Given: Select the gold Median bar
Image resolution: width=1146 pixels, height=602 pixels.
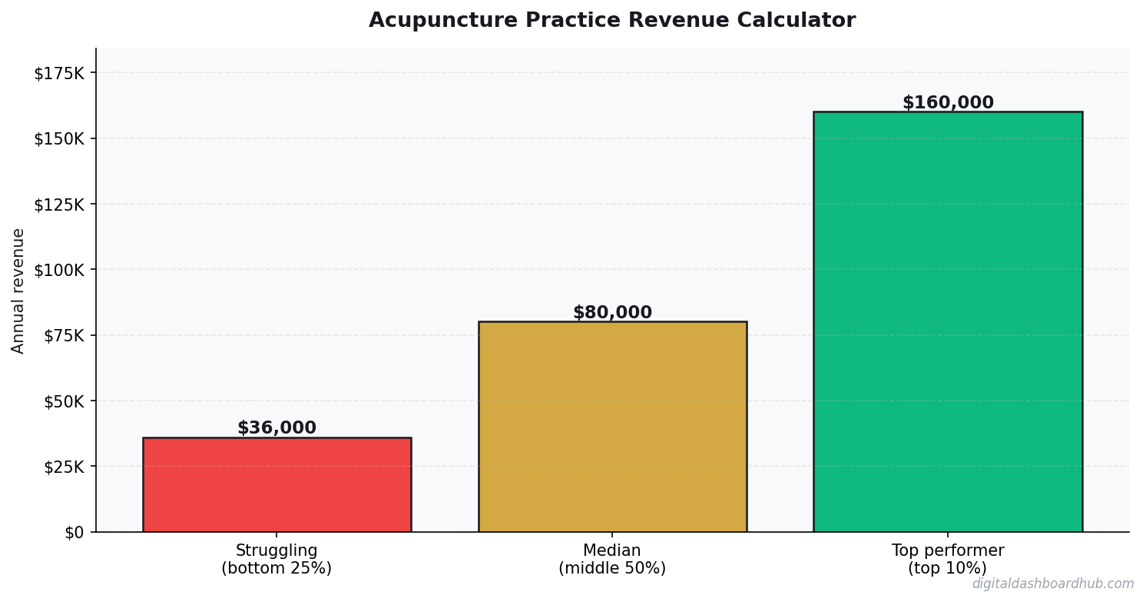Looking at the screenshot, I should [612, 427].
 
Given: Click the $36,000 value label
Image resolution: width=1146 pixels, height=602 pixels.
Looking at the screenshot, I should [277, 428].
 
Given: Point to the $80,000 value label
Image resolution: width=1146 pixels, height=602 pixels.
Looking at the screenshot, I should [612, 313].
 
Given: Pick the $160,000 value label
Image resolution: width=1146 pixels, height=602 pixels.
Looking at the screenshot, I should [947, 103].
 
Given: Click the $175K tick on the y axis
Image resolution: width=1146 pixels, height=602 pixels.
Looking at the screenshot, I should [59, 73].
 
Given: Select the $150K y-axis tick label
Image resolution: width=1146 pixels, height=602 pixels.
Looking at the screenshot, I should [59, 138].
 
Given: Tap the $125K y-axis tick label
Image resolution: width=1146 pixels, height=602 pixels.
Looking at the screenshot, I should [59, 205].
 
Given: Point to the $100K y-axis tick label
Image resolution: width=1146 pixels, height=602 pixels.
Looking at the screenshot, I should [59, 270].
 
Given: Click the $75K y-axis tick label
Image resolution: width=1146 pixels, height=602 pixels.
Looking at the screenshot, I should [63, 335].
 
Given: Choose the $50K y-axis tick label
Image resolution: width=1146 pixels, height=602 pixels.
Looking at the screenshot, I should [63, 401].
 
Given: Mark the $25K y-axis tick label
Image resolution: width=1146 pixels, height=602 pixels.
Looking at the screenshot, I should [63, 467].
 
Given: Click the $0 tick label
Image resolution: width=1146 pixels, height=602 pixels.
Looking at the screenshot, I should [75, 532].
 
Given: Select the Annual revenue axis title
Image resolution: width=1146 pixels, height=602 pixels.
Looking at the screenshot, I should [18, 291].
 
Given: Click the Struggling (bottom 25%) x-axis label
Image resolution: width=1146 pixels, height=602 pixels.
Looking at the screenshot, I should [277, 560].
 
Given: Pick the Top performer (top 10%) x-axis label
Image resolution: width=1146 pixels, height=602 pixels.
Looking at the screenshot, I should [947, 560].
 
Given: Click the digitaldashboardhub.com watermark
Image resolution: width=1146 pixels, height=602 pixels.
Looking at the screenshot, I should [1052, 584].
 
